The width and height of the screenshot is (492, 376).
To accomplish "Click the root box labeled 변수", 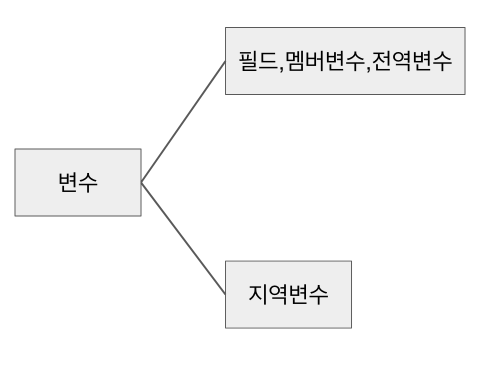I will point(77,182).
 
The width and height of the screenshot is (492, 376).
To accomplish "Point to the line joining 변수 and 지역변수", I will point(183,238).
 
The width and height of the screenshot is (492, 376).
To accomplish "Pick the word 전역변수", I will point(412,61).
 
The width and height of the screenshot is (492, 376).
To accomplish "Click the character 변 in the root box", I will point(67,182).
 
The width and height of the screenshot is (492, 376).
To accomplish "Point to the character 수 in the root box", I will point(88,182).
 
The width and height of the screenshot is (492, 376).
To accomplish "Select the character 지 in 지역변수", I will point(257,294).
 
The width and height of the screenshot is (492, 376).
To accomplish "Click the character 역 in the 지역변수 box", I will point(278,294).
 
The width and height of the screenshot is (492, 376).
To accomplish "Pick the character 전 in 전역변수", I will point(382,61).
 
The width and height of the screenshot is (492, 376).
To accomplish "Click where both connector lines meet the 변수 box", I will point(141,183).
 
